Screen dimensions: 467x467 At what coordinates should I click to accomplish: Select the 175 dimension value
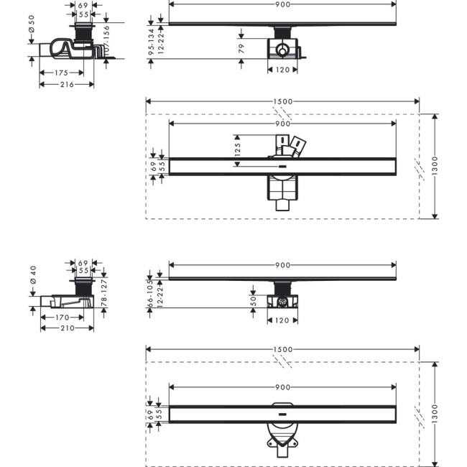coord(60,73)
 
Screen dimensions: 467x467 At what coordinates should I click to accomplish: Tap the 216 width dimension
coord(66,85)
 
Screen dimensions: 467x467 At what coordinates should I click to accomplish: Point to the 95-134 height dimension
coord(152,42)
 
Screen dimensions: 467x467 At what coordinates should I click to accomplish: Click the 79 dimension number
coord(241,48)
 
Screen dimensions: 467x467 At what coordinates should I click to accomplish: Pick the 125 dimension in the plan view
coord(237,148)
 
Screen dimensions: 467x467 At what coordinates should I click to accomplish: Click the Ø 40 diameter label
coord(31,275)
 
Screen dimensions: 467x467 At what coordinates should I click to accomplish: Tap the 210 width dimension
coord(66,328)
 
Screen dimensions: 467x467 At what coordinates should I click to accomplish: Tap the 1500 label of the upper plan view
coord(283,102)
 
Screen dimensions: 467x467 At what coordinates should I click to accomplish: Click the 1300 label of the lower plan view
coord(435,414)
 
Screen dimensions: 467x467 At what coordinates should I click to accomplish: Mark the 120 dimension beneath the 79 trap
coord(282,70)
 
